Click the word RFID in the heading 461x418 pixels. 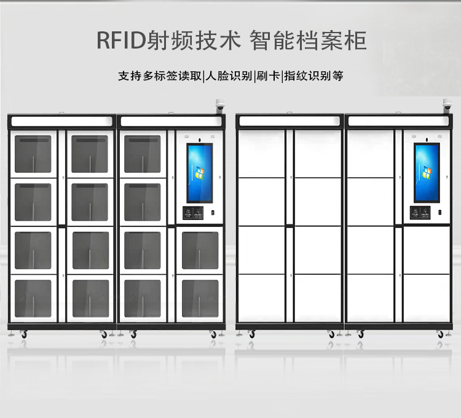pyautogui.click(x=121, y=41)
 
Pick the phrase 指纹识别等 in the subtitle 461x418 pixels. pyautogui.click(x=313, y=77)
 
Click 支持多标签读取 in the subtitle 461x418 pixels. pyautogui.click(x=160, y=77)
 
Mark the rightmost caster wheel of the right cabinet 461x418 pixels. pyautogui.click(x=440, y=334)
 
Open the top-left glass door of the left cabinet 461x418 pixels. pyautogui.click(x=34, y=154)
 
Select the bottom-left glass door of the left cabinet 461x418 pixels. pyautogui.click(x=34, y=298)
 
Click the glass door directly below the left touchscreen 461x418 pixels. pyautogui.click(x=200, y=250)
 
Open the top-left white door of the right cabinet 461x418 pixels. pyautogui.click(x=261, y=154)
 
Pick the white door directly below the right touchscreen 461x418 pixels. pyautogui.click(x=427, y=250)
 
